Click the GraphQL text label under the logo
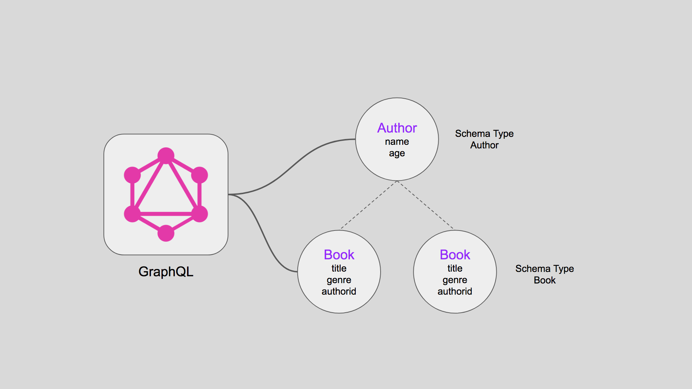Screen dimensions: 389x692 click(x=166, y=272)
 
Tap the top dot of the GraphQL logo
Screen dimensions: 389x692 click(x=166, y=156)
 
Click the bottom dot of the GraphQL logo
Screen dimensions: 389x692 click(x=166, y=233)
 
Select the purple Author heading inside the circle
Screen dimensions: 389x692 click(x=397, y=128)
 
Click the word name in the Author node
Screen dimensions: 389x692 click(x=397, y=142)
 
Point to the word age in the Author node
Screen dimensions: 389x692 click(x=397, y=153)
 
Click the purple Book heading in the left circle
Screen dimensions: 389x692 click(x=339, y=255)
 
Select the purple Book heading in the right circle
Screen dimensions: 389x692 click(x=455, y=255)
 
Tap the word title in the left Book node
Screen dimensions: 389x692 click(x=339, y=268)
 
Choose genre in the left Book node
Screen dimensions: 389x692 click(x=339, y=280)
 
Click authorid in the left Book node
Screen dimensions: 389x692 click(x=339, y=291)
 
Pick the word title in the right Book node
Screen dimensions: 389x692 click(x=455, y=268)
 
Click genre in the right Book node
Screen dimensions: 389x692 click(x=455, y=280)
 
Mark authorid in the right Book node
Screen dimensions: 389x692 click(x=455, y=291)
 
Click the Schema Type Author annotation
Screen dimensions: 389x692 click(x=484, y=139)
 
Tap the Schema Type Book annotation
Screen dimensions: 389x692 click(x=544, y=274)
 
